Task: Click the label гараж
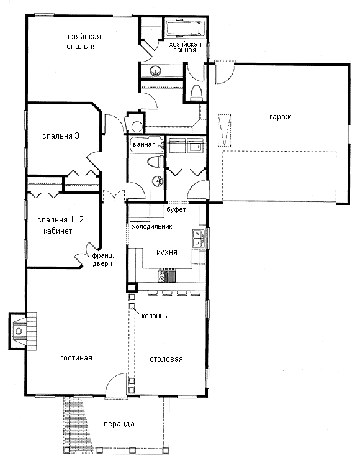click(280, 117)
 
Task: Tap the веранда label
click(119, 424)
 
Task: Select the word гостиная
click(76, 358)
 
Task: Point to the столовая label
click(166, 359)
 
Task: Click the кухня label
click(167, 252)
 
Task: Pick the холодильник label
click(152, 226)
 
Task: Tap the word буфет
click(176, 209)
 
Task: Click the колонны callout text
click(155, 316)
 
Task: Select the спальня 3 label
click(61, 136)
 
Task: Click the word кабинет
click(58, 231)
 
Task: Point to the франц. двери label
click(102, 260)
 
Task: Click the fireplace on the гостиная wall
click(23, 331)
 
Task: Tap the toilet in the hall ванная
click(156, 162)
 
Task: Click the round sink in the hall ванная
click(158, 180)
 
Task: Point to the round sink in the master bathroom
click(156, 71)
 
